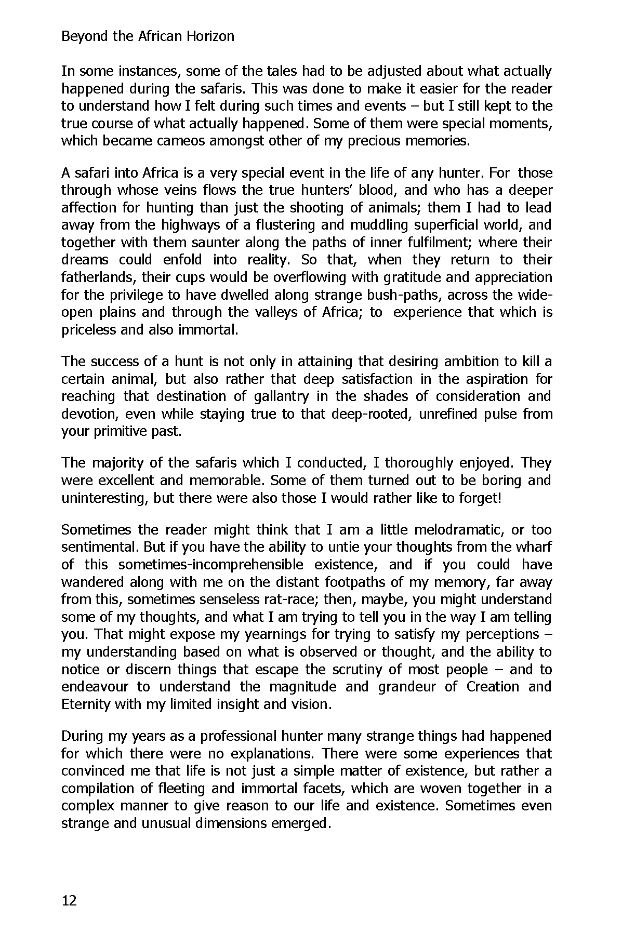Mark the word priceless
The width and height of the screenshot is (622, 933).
pos(88,330)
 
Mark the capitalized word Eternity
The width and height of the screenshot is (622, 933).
pos(86,704)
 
